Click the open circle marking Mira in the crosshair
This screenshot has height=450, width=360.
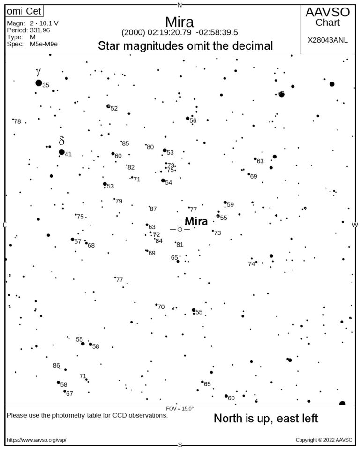coord(180,229)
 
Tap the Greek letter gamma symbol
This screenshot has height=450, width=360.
coord(38,72)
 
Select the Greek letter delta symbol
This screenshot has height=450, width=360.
coord(61,141)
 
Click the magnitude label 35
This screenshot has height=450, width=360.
coord(46,85)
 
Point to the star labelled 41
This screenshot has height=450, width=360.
coord(61,152)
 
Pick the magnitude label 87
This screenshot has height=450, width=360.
coord(153,209)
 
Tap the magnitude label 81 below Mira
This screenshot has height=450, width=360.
coord(180,245)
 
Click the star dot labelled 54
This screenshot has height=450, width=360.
coord(163,180)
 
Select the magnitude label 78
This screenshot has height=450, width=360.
coord(17,122)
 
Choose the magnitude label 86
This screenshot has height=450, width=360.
coord(56,366)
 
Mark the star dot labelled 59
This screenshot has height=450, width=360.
coord(225,202)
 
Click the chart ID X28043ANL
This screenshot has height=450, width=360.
coord(328,40)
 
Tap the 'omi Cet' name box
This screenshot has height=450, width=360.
coord(21,12)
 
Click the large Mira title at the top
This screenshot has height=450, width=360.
coord(180,22)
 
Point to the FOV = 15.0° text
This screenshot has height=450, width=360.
coord(180,409)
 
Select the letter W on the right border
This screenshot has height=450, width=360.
coord(355,225)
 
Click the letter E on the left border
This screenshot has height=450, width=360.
coord(5,225)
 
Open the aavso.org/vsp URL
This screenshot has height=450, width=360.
coord(37,440)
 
